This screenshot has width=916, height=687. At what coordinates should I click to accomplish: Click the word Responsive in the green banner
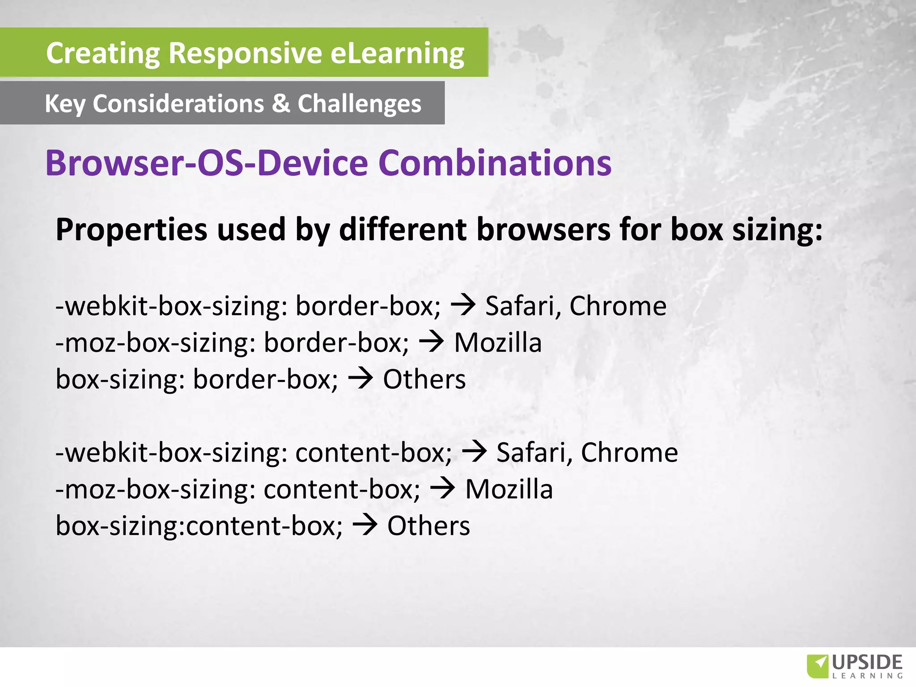click(246, 53)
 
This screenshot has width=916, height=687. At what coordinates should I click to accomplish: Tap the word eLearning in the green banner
click(397, 53)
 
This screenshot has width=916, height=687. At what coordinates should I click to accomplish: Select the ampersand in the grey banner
click(281, 103)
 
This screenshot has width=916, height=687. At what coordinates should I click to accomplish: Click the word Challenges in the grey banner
click(359, 104)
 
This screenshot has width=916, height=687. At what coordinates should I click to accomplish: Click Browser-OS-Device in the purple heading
click(206, 163)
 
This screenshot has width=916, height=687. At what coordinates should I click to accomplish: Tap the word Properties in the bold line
click(131, 229)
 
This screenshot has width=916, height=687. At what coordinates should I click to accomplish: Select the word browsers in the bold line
click(543, 229)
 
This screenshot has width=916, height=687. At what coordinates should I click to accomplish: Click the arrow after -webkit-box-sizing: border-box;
click(463, 305)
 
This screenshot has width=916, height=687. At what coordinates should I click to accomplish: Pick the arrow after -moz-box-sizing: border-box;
click(431, 342)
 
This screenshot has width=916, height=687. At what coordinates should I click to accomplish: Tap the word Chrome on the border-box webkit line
click(618, 306)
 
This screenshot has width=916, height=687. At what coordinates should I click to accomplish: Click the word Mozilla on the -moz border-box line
click(498, 343)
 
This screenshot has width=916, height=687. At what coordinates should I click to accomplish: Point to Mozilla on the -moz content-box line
click(509, 489)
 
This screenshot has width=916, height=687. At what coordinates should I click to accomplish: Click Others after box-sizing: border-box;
click(424, 379)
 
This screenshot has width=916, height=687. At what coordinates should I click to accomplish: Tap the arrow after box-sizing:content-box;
click(365, 525)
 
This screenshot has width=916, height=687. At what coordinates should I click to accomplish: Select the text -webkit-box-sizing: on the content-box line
click(171, 453)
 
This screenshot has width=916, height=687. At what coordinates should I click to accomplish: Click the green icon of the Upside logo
click(817, 666)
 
